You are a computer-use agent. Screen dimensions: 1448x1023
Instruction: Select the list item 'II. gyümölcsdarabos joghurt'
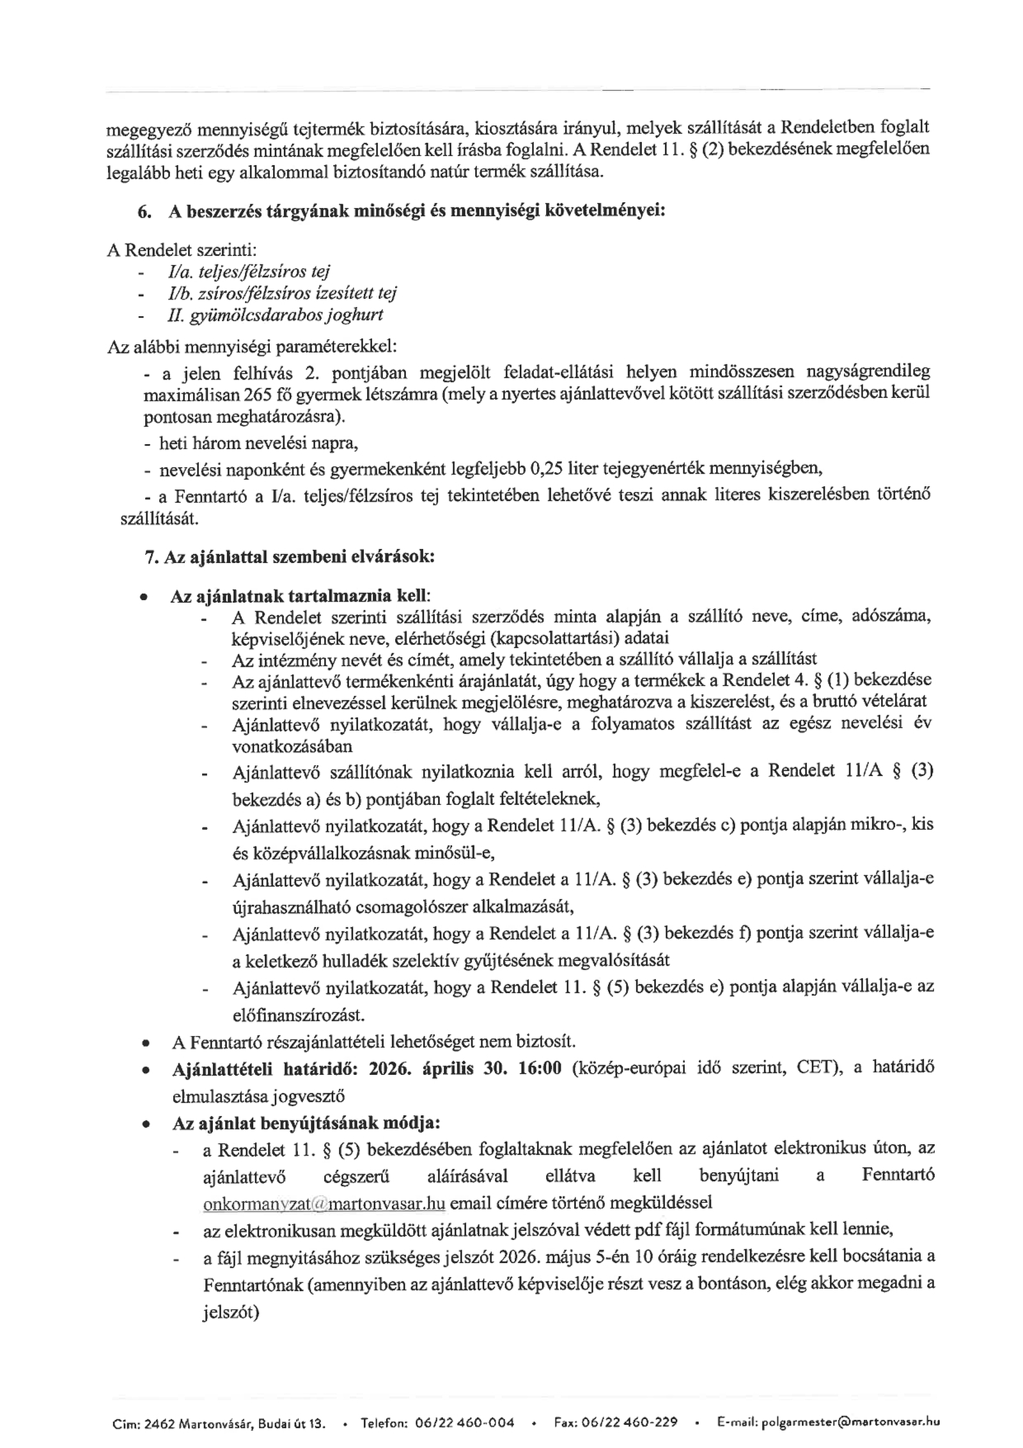(x=275, y=315)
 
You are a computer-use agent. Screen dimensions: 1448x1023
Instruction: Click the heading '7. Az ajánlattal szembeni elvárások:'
(x=290, y=556)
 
